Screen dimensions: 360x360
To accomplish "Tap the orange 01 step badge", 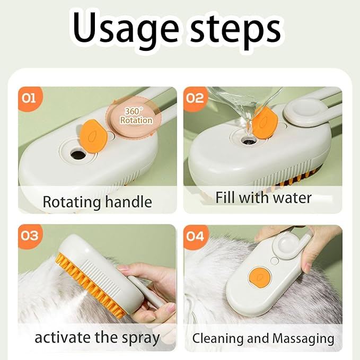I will tap(30, 99).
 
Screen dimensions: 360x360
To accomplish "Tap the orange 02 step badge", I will tap(195, 98).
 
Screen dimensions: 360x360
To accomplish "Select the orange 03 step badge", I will tap(30, 235).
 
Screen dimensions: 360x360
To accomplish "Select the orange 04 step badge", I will tap(195, 235).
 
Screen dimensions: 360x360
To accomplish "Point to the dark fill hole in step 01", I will tap(77, 155).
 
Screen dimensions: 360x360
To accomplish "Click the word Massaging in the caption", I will tap(303, 338).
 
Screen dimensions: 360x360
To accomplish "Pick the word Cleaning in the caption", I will tap(217, 338).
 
